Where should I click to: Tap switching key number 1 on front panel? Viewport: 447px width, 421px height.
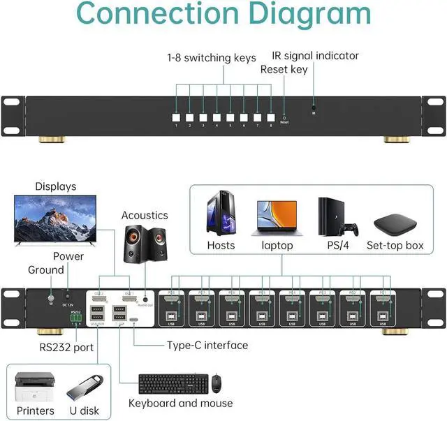point(177,117)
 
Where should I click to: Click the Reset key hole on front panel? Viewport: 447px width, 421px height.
point(284,117)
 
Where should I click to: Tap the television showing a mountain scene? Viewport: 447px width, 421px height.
point(53,220)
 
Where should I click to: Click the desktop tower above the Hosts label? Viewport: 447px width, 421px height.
point(220,213)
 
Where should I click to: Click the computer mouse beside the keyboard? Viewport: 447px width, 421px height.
point(217,383)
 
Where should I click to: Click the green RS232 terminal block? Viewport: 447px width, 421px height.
point(76,318)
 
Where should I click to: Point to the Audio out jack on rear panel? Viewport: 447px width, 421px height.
point(145,300)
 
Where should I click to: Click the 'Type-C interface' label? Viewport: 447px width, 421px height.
point(207,345)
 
